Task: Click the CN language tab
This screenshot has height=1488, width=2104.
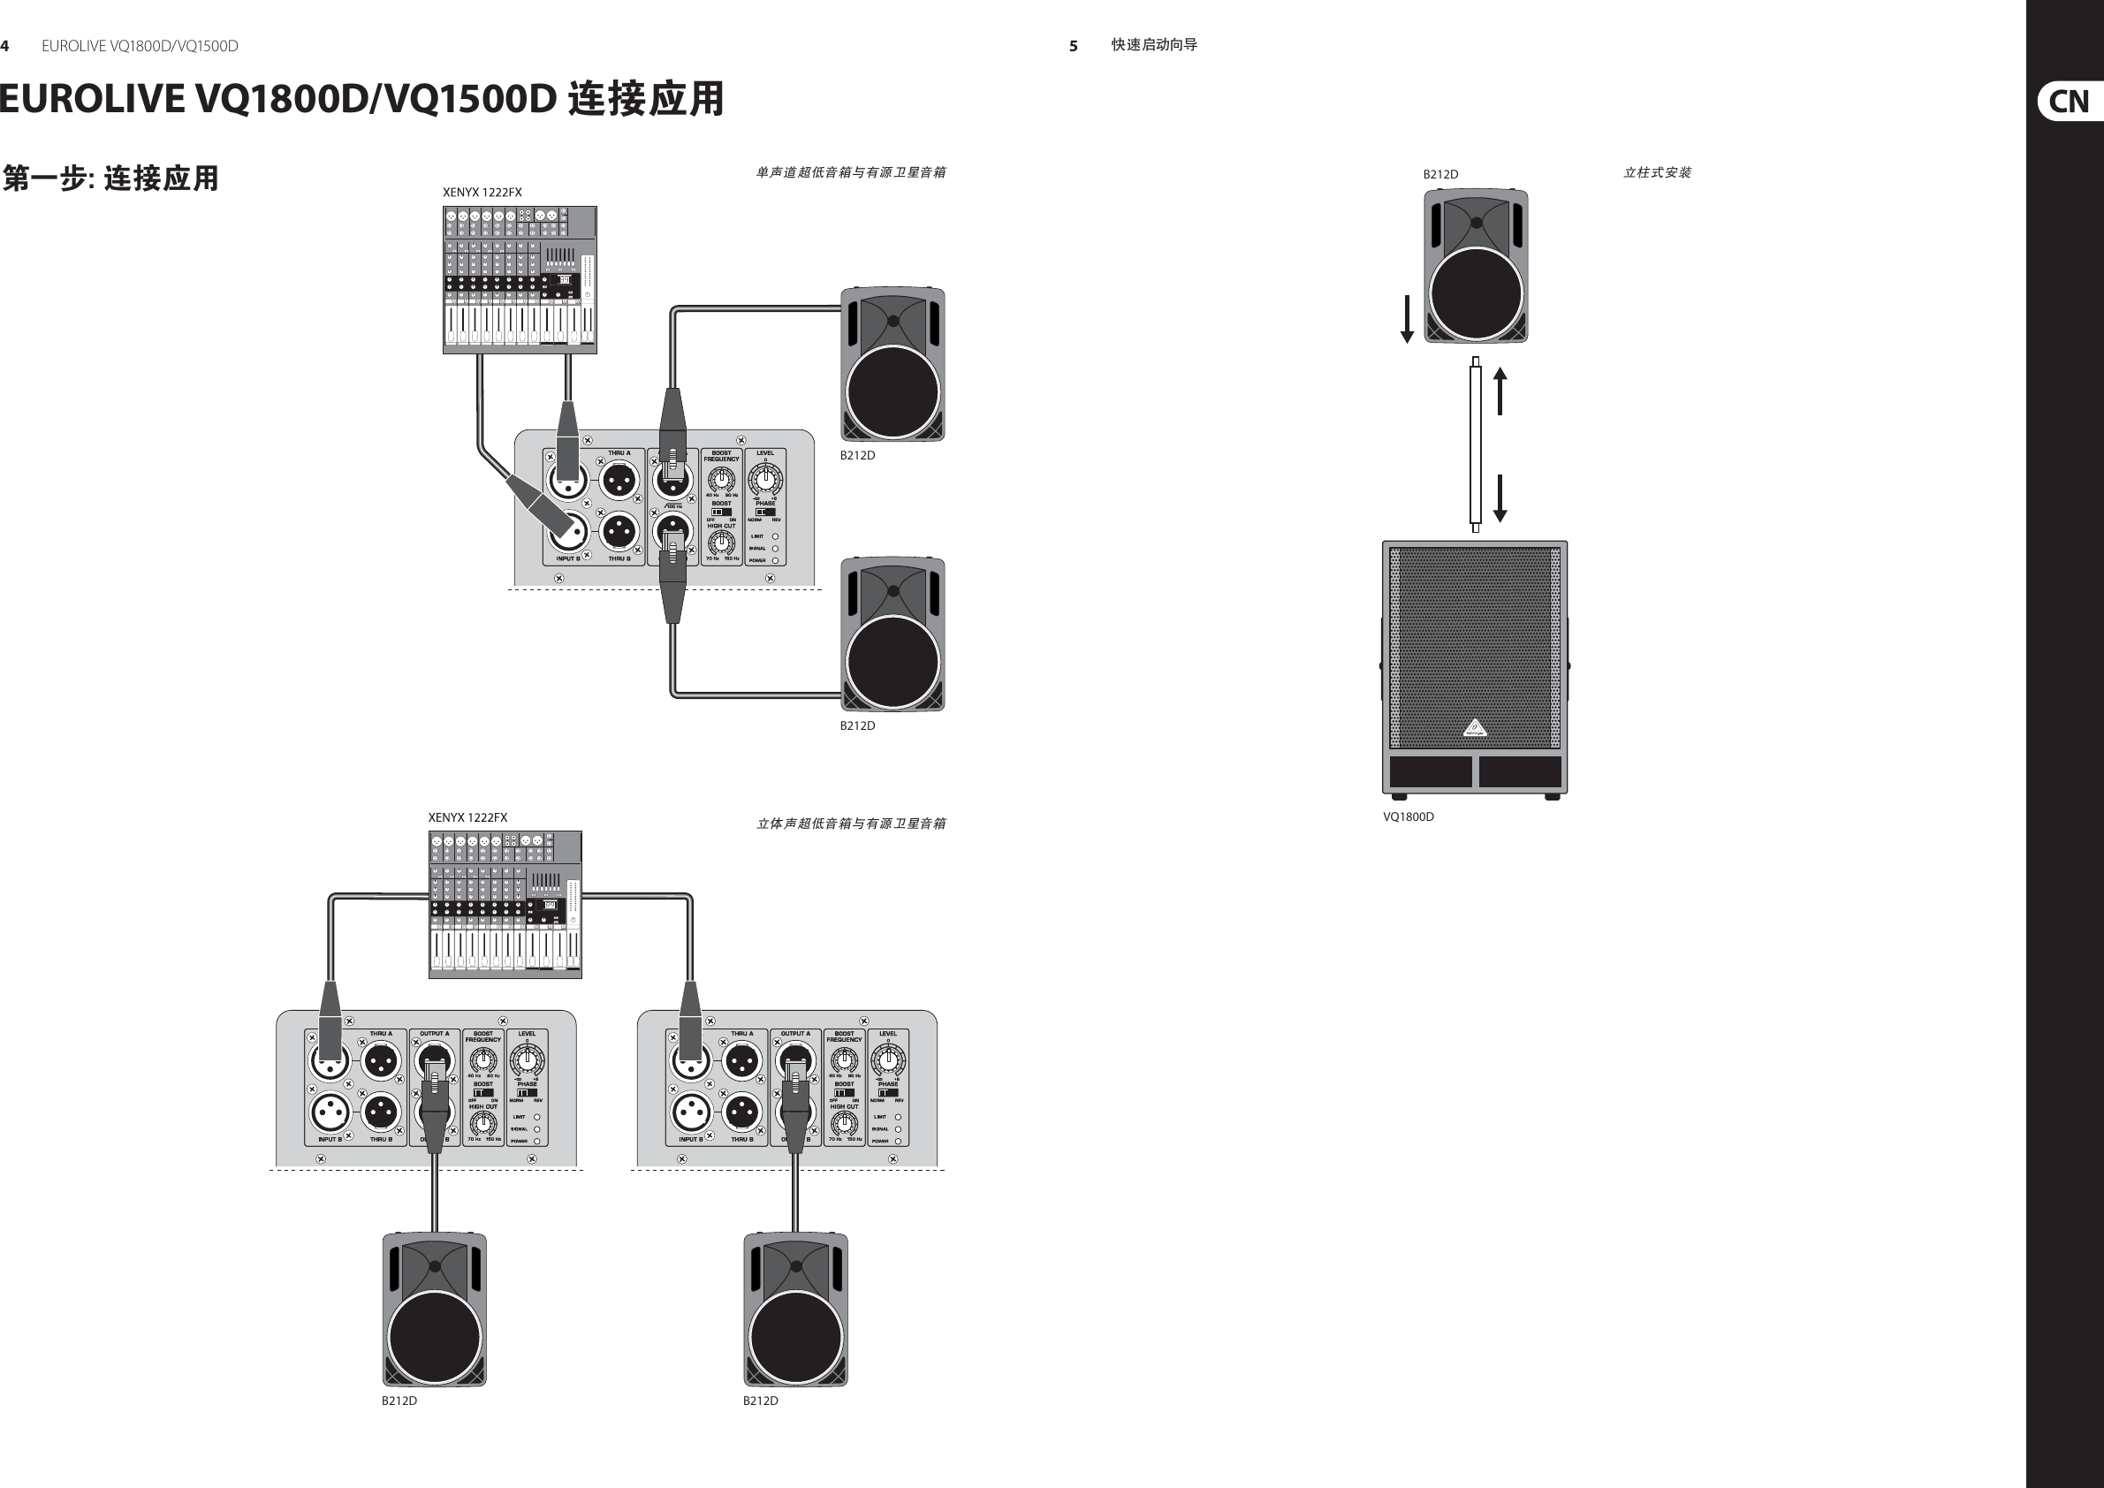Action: coord(2069,101)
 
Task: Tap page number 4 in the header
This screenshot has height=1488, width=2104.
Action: coord(5,46)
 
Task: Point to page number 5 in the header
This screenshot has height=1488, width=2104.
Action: coord(1073,46)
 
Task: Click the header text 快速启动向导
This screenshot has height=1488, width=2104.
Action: coord(1154,45)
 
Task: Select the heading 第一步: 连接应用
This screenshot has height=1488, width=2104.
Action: coord(110,178)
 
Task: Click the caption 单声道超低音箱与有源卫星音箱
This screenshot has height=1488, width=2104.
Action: coord(850,172)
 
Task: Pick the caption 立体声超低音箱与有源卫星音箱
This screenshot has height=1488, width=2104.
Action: coord(850,824)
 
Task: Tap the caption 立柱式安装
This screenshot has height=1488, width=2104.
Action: coord(1657,172)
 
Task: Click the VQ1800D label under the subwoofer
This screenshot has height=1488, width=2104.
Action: coord(1409,816)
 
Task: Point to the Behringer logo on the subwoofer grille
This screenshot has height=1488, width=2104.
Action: coord(1475,729)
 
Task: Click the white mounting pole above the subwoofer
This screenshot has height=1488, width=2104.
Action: coord(1476,444)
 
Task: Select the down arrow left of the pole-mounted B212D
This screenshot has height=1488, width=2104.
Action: coord(1407,319)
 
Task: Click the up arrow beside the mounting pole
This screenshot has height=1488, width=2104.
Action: coord(1500,391)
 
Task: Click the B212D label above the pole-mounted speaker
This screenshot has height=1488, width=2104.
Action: coord(1440,174)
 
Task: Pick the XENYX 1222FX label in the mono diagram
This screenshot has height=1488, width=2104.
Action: coord(482,193)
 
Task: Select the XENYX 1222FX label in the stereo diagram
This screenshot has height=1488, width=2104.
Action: coord(467,817)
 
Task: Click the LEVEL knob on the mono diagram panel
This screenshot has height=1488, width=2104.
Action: coord(765,478)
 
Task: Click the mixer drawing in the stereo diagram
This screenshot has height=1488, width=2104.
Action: coord(505,904)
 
